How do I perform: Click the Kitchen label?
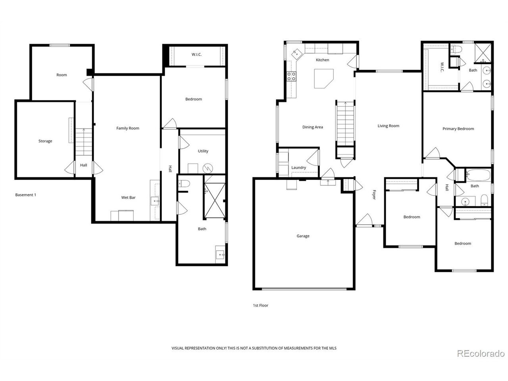(322, 60)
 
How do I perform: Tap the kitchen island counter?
(323, 78)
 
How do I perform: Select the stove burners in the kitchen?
(291, 76)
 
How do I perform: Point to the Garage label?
(303, 236)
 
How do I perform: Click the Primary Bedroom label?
(458, 129)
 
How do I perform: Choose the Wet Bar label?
(128, 197)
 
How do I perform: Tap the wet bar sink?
(155, 201)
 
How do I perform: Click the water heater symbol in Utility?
(208, 168)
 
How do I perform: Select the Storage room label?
(45, 141)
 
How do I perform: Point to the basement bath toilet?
(184, 184)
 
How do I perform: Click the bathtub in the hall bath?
(478, 175)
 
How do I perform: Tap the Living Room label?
(388, 126)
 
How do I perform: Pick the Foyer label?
(374, 194)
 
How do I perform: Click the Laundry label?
(298, 167)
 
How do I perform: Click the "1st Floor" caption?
(260, 305)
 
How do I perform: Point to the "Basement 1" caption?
(26, 195)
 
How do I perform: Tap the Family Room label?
(128, 128)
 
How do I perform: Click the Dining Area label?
(312, 127)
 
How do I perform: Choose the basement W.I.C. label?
(196, 54)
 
